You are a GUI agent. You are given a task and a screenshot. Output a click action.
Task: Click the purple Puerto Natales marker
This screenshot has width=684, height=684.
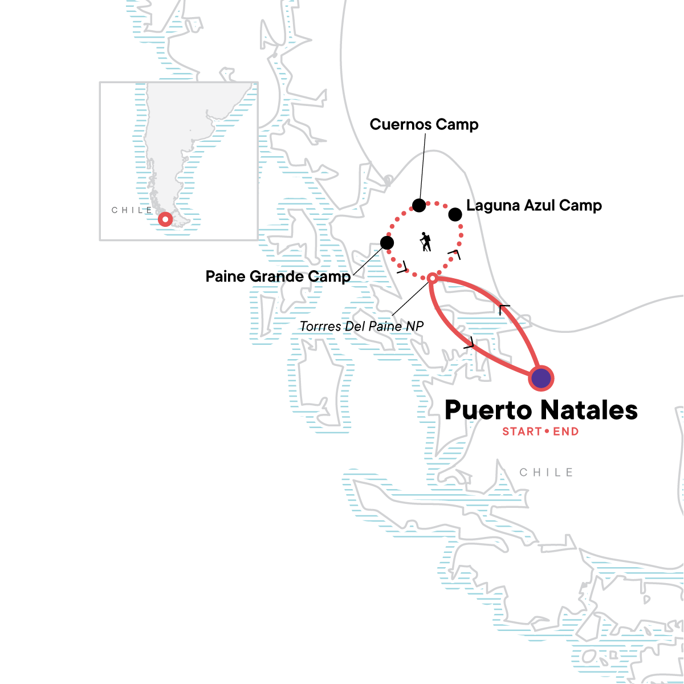pos(541,378)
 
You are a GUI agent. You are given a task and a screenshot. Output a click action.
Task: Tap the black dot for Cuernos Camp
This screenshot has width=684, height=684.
pos(419,205)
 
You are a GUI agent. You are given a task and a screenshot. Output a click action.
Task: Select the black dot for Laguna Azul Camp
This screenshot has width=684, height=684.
pos(455,214)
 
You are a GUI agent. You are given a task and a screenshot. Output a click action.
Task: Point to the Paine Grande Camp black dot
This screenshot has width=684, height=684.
pos(387,243)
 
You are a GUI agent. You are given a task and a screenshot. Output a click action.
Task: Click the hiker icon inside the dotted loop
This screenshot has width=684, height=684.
pos(425,242)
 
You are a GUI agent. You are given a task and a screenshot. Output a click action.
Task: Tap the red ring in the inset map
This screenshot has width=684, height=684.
pos(165,219)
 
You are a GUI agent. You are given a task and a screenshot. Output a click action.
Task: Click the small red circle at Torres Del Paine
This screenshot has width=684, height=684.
pos(432,278)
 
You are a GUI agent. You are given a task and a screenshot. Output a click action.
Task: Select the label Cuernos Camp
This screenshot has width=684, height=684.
pos(424,124)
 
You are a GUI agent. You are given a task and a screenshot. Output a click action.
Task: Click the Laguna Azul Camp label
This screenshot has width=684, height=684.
pos(534,205)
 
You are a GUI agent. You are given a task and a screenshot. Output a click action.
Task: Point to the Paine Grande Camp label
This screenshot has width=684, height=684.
pos(278,276)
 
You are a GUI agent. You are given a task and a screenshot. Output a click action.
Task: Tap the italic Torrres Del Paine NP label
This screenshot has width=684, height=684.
pos(362,327)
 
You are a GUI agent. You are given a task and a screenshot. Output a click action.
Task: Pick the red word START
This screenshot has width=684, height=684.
pos(522,431)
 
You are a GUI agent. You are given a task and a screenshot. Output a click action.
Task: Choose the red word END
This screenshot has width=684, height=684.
pos(565,431)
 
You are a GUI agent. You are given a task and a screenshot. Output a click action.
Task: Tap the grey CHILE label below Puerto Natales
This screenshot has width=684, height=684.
pos(546,473)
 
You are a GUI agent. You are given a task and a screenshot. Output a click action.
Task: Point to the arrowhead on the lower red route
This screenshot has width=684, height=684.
pos(469,343)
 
